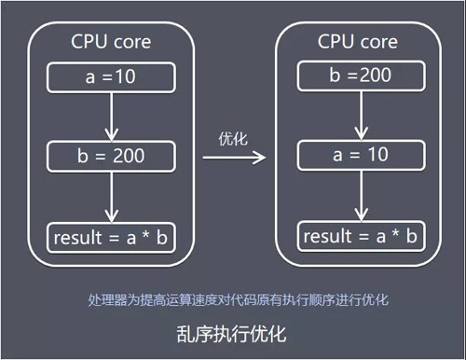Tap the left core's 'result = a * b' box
click(111, 238)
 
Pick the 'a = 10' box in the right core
click(358, 154)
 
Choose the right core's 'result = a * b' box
click(359, 235)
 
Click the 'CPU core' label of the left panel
click(111, 42)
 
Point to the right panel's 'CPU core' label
click(359, 42)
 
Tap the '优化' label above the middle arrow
click(231, 138)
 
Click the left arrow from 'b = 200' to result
click(111, 196)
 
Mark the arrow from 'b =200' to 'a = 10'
click(358, 114)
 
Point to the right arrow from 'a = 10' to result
click(358, 194)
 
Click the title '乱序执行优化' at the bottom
click(233, 333)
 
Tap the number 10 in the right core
click(377, 154)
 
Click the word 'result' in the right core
click(327, 235)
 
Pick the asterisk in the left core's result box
click(143, 239)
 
